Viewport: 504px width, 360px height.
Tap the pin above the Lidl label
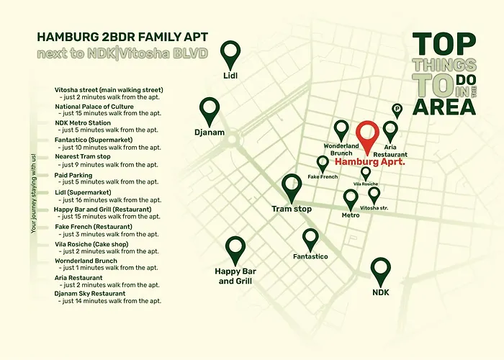(230, 53)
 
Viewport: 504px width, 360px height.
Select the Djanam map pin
(210, 110)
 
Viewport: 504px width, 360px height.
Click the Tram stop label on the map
(292, 209)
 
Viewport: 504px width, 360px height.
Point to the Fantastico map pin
(310, 238)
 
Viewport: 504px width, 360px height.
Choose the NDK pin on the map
(380, 271)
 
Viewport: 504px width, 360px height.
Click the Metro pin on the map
(351, 198)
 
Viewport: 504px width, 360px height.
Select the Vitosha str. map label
(374, 207)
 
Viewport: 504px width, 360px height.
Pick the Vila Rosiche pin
(366, 172)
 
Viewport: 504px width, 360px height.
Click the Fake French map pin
(323, 163)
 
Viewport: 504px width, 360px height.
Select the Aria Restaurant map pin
(390, 131)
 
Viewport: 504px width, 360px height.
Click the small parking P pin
(397, 109)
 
